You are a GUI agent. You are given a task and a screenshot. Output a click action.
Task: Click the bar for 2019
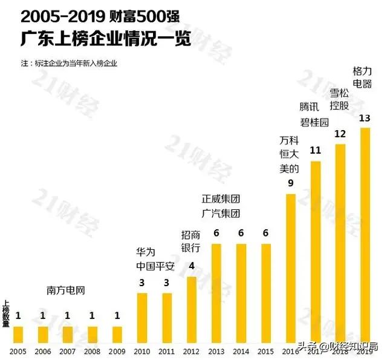click(x=365, y=235)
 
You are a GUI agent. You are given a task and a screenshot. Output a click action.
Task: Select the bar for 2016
click(x=290, y=269)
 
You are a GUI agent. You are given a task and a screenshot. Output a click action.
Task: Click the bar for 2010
click(x=142, y=318)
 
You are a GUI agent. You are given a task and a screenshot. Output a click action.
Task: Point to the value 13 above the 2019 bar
click(x=365, y=118)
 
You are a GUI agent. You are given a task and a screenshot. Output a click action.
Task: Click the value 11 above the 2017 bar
click(x=315, y=150)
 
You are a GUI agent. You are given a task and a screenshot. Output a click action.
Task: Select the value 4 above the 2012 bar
click(x=191, y=265)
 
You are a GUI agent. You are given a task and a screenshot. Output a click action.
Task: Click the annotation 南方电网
click(x=66, y=290)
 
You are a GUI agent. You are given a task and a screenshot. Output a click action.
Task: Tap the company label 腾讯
click(x=308, y=106)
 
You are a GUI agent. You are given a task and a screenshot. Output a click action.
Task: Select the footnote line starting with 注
click(x=69, y=63)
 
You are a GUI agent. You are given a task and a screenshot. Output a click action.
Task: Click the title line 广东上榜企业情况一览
click(x=106, y=40)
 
